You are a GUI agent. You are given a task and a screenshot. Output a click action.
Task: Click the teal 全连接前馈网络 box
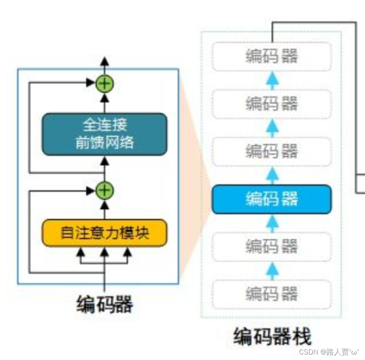click(104, 134)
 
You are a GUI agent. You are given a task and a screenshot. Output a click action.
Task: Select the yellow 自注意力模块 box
click(104, 232)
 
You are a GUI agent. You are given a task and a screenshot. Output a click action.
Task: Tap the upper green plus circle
click(105, 83)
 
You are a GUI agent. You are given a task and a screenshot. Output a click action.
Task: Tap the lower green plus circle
click(105, 191)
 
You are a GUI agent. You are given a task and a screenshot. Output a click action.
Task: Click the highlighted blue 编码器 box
click(272, 199)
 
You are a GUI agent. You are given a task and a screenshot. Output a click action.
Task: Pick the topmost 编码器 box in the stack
click(272, 56)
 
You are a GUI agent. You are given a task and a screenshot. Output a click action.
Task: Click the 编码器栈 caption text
click(272, 337)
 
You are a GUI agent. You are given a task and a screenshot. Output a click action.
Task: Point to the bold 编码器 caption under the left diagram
click(105, 304)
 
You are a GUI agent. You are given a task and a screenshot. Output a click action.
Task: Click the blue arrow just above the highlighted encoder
click(272, 175)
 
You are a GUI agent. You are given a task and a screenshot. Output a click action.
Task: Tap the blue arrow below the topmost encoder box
click(272, 79)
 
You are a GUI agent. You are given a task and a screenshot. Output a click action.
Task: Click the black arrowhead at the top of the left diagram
click(105, 61)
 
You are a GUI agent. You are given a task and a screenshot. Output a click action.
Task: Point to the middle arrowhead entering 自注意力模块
click(105, 252)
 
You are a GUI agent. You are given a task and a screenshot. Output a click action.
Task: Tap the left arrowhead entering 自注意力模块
click(81, 252)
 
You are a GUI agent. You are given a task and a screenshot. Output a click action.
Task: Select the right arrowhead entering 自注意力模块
click(127, 252)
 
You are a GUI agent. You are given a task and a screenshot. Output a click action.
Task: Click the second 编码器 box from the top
click(272, 104)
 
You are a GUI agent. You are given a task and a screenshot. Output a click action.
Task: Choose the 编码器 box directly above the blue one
click(272, 151)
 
